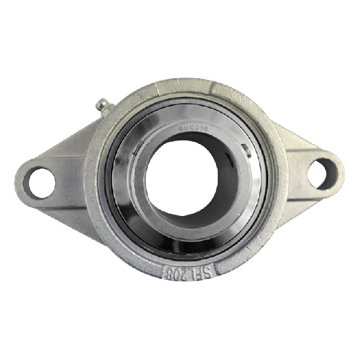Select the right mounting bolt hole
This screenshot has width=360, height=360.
coord(321,172)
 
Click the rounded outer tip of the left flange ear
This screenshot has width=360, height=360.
coord(18,180)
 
